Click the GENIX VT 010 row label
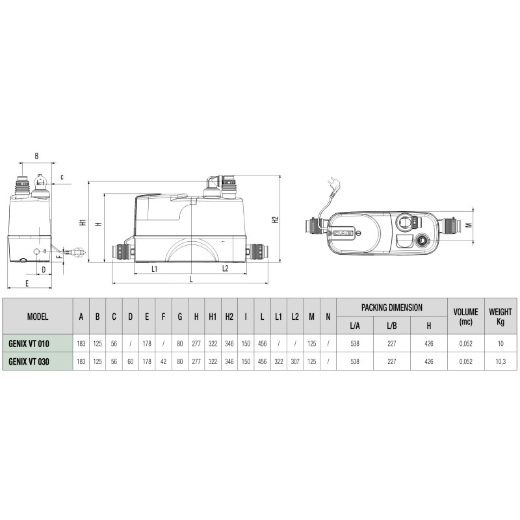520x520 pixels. [29, 344]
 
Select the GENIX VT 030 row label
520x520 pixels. [29, 361]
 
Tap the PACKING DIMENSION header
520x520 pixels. [392, 307]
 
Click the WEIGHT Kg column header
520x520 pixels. [500, 317]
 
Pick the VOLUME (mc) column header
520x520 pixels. [465, 317]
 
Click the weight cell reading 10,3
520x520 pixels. [500, 361]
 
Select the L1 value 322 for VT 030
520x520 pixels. [279, 361]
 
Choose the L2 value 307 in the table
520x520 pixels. [295, 361]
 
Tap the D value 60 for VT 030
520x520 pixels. [131, 361]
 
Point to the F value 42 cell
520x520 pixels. [163, 361]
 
